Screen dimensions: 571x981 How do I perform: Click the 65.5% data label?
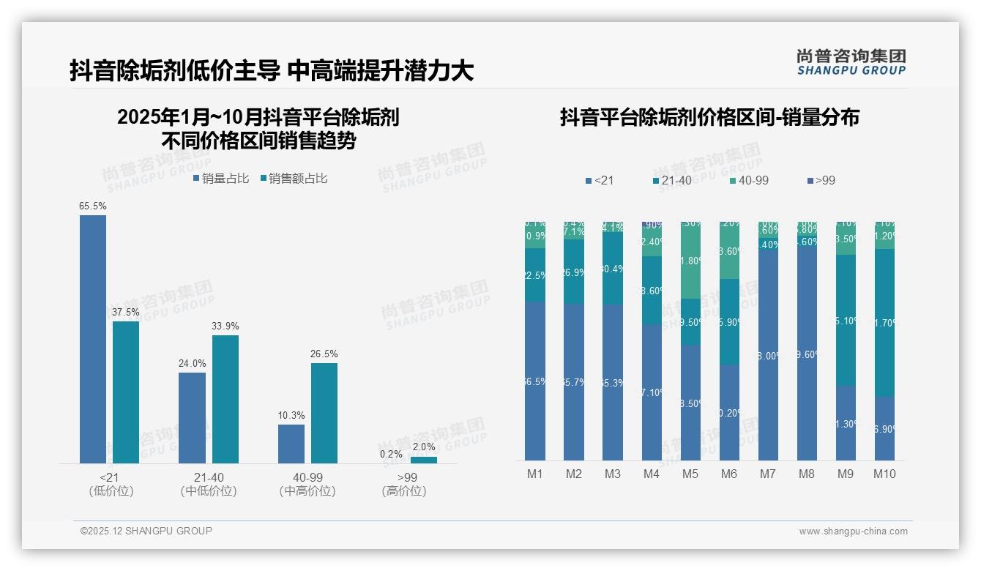[93, 206]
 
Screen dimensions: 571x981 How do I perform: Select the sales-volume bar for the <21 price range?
[93, 339]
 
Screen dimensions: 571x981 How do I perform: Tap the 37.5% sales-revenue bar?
[126, 392]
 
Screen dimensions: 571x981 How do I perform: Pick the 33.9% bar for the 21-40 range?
[225, 399]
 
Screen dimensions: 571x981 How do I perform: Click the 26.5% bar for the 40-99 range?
[324, 413]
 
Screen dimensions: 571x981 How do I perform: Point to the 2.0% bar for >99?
[423, 460]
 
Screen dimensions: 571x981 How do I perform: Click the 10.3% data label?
[291, 416]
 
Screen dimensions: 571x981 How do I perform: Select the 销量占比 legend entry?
[221, 179]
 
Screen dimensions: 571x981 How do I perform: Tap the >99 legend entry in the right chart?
[820, 180]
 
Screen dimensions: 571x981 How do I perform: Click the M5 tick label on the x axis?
[690, 474]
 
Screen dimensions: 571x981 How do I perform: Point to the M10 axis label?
[884, 474]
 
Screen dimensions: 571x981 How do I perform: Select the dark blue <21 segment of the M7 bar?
[768, 355]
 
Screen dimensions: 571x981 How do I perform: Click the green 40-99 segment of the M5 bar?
[690, 261]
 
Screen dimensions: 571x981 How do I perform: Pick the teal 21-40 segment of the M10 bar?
[884, 322]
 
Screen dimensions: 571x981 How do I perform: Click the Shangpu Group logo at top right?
[851, 62]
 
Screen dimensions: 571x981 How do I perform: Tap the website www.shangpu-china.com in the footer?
[853, 531]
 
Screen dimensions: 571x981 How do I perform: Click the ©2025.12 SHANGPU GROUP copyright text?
[146, 531]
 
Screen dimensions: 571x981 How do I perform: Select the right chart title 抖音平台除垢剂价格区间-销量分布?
[709, 117]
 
